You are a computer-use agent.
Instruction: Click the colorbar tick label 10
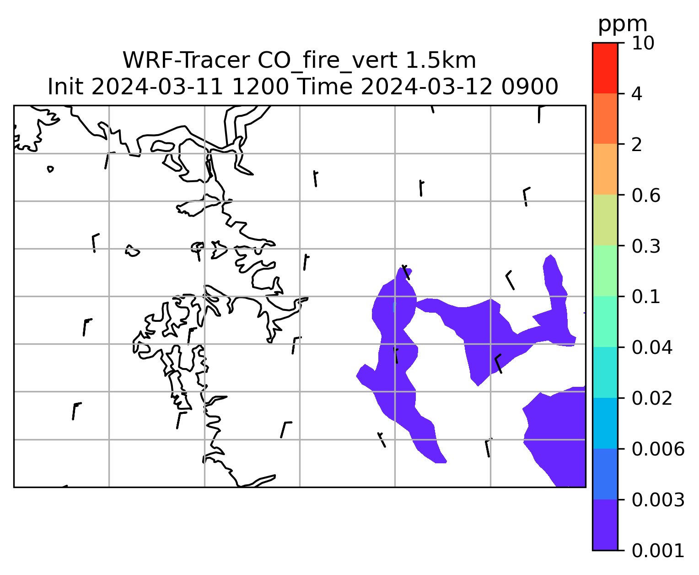tap(643, 43)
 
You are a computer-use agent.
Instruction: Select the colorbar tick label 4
tap(637, 94)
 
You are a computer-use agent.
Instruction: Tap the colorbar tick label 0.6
tap(646, 195)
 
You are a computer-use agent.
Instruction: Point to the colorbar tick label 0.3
tap(646, 246)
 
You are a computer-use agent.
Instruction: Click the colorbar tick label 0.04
tap(652, 347)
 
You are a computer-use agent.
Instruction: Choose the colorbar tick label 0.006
tap(658, 449)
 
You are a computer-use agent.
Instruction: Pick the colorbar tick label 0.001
tap(658, 551)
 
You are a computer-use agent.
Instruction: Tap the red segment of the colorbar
tap(605, 68)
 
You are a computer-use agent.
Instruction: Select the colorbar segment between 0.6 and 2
tap(605, 169)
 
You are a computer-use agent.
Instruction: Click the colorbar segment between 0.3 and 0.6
tap(605, 220)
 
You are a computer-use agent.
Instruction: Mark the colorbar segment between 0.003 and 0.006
tap(605, 474)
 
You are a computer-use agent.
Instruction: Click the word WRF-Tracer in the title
tap(186, 60)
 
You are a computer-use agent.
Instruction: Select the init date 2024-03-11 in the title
tap(157, 87)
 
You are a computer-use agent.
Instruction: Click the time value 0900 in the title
tap(530, 87)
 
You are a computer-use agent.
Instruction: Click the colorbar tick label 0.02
tap(652, 398)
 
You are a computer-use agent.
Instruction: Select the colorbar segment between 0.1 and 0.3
tap(605, 271)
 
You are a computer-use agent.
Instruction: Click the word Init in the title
tap(65, 87)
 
